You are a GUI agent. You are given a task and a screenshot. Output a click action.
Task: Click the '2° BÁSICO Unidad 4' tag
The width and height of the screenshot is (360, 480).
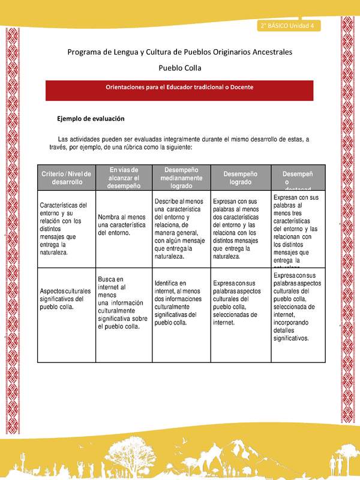289,26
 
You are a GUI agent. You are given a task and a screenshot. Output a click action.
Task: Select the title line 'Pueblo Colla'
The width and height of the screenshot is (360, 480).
179,68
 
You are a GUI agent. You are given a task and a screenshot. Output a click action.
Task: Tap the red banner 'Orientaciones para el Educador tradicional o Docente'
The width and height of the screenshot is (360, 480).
179,88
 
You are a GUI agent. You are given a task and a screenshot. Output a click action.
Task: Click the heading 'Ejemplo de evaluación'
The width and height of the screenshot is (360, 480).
91,119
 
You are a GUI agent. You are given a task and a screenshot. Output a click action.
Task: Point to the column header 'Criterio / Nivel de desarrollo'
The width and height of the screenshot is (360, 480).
66,178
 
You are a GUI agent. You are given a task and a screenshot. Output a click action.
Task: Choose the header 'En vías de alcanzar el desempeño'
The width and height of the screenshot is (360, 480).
124,178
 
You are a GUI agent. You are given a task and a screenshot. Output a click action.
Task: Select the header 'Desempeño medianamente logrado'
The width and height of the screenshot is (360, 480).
181,178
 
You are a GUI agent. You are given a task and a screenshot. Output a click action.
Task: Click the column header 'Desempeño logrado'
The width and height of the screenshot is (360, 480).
239,178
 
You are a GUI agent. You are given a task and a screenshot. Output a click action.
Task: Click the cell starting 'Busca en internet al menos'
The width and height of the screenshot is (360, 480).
124,303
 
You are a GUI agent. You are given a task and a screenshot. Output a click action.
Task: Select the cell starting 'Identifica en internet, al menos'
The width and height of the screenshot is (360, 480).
181,303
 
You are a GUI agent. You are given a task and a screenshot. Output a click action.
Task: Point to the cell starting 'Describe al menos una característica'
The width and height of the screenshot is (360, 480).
181,229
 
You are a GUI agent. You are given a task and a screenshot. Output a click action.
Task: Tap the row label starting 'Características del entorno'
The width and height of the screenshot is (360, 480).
66,229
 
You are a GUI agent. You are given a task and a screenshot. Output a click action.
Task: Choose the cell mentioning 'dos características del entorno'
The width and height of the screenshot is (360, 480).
239,229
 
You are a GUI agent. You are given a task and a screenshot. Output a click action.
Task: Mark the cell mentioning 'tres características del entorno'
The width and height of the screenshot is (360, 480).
296,229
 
